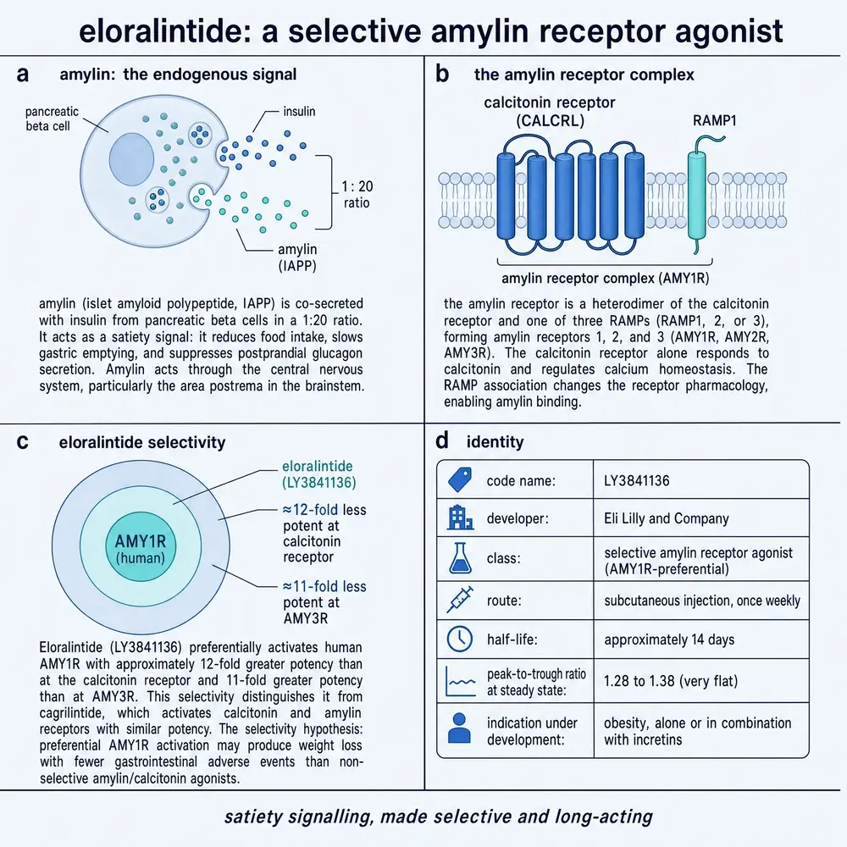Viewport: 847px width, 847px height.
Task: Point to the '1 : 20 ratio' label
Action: tap(357, 195)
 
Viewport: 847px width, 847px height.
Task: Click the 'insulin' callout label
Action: tap(299, 111)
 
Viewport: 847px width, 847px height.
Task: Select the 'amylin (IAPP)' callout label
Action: tap(297, 257)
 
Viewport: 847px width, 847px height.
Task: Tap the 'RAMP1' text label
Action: tap(714, 120)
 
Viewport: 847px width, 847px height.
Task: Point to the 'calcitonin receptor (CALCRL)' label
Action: tap(550, 111)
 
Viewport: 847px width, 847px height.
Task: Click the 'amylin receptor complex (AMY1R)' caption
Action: tap(605, 278)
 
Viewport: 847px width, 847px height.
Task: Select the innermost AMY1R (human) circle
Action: tap(141, 546)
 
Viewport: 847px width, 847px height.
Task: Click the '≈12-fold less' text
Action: tap(324, 509)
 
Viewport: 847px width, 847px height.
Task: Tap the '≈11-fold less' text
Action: tap(324, 586)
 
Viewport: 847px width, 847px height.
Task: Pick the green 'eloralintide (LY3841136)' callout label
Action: tap(318, 473)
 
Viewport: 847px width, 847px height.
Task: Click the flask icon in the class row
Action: tap(460, 558)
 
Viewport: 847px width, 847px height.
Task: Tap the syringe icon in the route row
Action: tap(460, 600)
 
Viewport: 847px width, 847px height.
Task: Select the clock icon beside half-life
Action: tap(460, 639)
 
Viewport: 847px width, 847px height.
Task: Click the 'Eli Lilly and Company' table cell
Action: tap(666, 518)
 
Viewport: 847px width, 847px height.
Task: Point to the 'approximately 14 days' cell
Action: tap(669, 639)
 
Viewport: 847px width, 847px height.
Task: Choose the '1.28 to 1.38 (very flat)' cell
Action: tap(670, 681)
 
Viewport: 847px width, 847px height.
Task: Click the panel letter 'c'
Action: tap(22, 441)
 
